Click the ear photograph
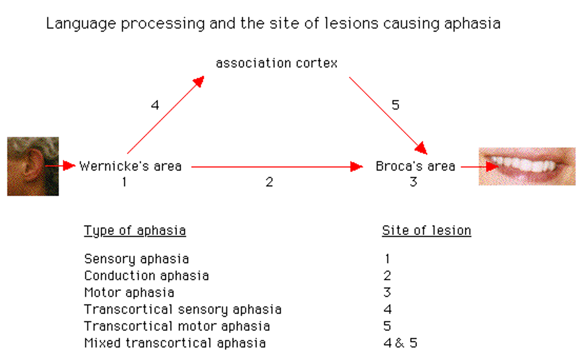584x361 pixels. point(33,166)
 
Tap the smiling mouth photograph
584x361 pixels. point(527,166)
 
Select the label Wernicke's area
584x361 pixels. point(130,166)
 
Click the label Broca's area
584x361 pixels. point(415,166)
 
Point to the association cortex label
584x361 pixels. point(276,63)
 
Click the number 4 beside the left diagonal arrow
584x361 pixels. point(155,105)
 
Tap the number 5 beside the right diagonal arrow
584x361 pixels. point(395,105)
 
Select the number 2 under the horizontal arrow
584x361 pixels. point(269,182)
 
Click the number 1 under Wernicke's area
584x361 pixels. point(124,182)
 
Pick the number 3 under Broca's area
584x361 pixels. point(413,182)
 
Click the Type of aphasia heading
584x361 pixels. point(135,231)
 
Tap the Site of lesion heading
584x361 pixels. point(426,231)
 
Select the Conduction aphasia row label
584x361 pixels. point(146,276)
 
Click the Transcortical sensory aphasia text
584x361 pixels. point(182,310)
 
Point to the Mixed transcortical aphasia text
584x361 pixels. point(175,343)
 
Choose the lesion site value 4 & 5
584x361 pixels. point(400,343)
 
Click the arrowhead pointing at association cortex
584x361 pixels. point(199,81)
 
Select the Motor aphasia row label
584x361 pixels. point(129,293)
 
